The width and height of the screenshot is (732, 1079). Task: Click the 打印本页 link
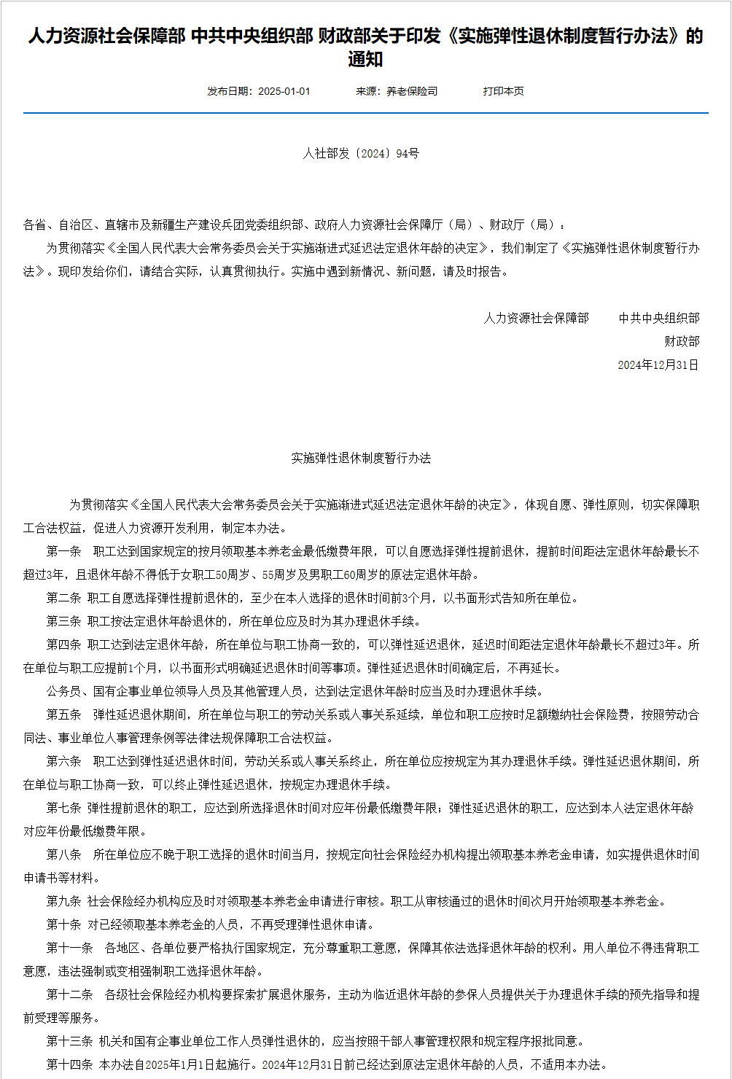(x=503, y=91)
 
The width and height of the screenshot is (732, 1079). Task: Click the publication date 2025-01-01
(x=284, y=91)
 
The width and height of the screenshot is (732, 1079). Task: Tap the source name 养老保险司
(x=412, y=91)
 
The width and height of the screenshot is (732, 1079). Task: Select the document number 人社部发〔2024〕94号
(x=361, y=154)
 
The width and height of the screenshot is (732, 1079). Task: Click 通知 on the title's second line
(x=365, y=60)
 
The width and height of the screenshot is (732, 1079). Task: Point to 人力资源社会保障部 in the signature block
(x=536, y=318)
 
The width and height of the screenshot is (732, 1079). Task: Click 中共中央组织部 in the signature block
(x=659, y=318)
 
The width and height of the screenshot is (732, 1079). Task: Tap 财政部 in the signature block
(x=682, y=341)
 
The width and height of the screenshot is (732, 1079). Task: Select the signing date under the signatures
(x=658, y=365)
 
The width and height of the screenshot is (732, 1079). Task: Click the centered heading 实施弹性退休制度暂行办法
(x=361, y=458)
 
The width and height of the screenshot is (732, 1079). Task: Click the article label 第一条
(x=64, y=551)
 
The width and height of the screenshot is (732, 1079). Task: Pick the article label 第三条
(x=64, y=621)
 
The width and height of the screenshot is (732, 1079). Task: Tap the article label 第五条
(x=64, y=714)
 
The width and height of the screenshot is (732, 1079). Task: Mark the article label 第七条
(x=64, y=808)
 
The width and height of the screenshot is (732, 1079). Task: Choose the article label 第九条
(x=64, y=901)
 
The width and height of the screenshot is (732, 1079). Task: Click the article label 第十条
(x=64, y=924)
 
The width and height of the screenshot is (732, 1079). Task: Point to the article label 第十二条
(x=70, y=994)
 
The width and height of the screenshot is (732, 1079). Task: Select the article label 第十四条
(x=70, y=1064)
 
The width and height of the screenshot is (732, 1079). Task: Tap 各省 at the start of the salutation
(x=35, y=225)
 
